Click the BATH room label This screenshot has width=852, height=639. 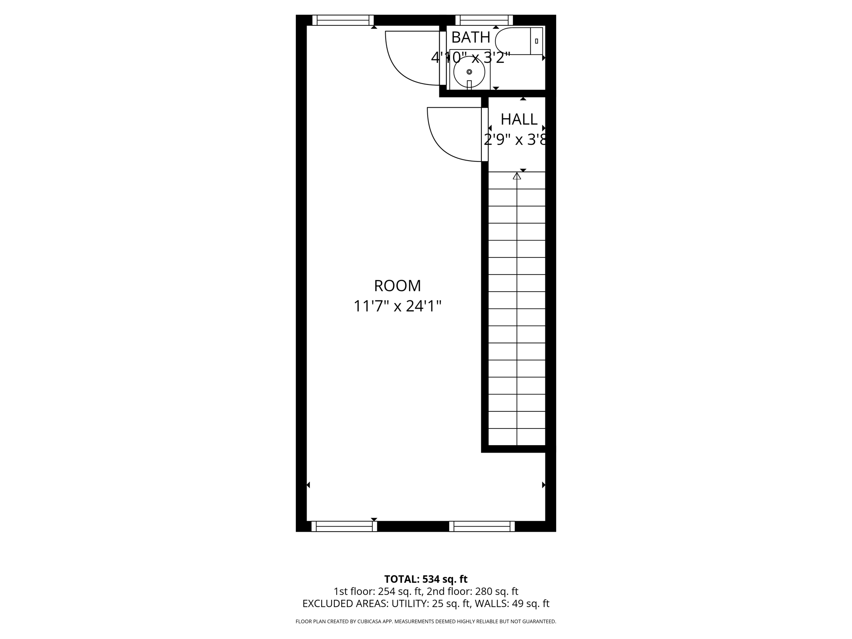pyautogui.click(x=471, y=37)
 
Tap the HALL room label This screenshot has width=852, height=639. pyautogui.click(x=519, y=119)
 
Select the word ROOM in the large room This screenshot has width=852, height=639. pyautogui.click(x=397, y=286)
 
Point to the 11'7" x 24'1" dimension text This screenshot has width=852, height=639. pyautogui.click(x=397, y=306)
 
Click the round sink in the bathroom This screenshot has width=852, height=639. pyautogui.click(x=469, y=72)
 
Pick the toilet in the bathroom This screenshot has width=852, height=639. pyautogui.click(x=518, y=41)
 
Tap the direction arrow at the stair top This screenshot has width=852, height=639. pyautogui.click(x=517, y=176)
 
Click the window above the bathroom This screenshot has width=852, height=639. pyautogui.click(x=484, y=20)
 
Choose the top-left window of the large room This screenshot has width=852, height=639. pyautogui.click(x=343, y=20)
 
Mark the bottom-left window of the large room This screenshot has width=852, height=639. pyautogui.click(x=344, y=526)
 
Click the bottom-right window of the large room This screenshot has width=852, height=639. pyautogui.click(x=482, y=526)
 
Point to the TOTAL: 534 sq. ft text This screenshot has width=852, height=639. pyautogui.click(x=426, y=579)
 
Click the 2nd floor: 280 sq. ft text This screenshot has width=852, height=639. pyautogui.click(x=473, y=591)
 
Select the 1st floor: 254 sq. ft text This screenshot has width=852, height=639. pyautogui.click(x=378, y=591)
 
